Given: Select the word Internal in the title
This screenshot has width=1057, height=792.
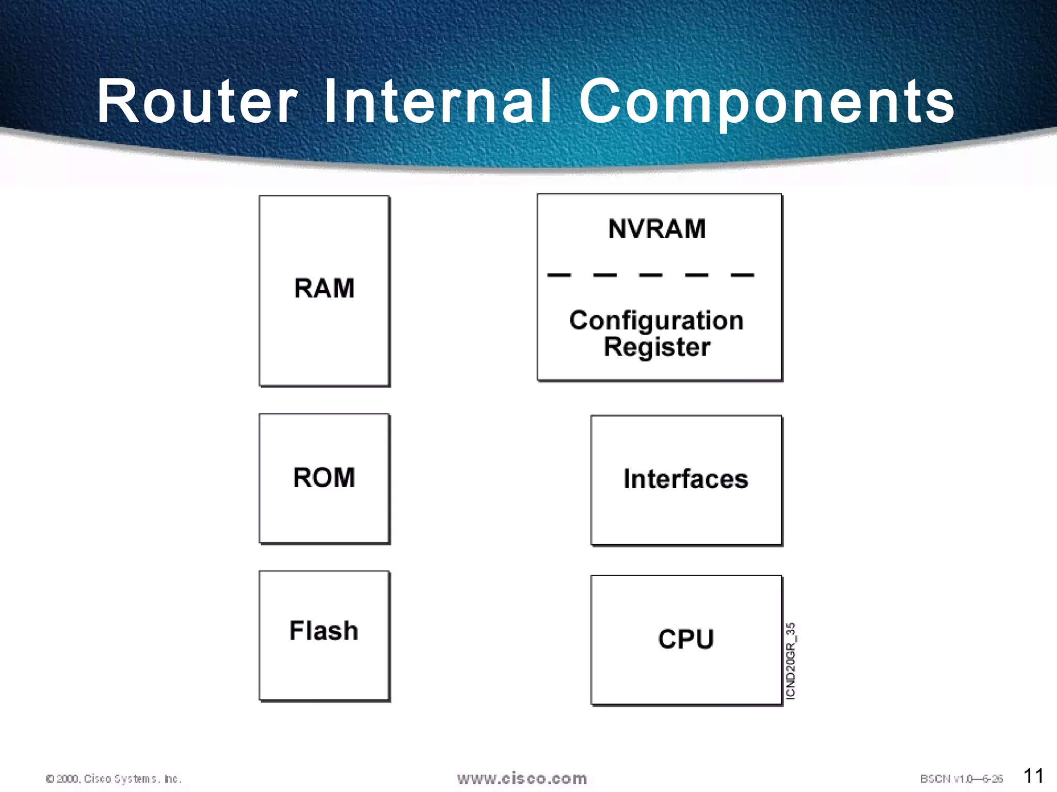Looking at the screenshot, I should [x=438, y=102].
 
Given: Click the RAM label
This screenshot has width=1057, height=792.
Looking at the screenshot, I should [x=324, y=288].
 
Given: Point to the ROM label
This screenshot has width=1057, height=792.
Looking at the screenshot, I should [x=324, y=477].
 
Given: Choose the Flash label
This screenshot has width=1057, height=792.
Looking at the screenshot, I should [x=324, y=631].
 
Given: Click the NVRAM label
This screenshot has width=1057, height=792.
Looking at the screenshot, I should [x=657, y=229].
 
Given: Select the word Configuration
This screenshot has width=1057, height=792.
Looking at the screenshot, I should [x=656, y=320].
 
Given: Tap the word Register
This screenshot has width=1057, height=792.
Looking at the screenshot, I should [x=657, y=346].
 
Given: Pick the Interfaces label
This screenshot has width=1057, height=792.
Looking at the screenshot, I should [x=685, y=478].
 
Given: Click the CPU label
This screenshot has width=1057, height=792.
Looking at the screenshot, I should [x=685, y=639].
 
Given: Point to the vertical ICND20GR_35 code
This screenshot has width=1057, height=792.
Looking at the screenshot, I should [x=790, y=661].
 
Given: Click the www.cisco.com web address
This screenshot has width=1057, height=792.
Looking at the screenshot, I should [x=522, y=778].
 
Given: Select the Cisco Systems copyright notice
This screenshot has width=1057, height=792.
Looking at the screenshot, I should [x=114, y=779].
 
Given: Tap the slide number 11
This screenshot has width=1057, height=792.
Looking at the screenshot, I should [x=1033, y=775].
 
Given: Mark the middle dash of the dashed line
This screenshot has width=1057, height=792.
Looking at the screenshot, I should [x=650, y=275].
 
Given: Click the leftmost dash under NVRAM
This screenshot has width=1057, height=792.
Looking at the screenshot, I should [x=559, y=275].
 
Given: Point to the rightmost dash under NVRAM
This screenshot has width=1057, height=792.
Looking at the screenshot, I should [x=742, y=275].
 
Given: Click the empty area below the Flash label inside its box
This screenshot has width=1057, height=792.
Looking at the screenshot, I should [x=324, y=673].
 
